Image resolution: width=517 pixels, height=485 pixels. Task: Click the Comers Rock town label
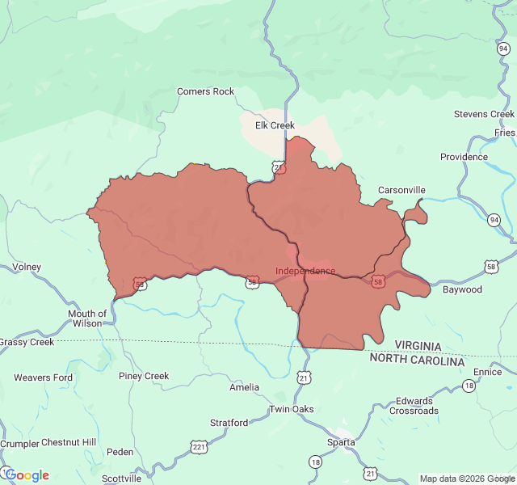[x=205, y=91]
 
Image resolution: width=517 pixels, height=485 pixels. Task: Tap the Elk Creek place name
[x=275, y=125]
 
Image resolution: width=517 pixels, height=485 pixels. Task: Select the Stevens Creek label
[x=484, y=114]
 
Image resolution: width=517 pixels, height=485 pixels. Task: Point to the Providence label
[x=464, y=157]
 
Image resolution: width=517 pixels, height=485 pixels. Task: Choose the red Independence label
[x=305, y=271]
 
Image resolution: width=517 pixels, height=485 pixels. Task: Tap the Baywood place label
[x=462, y=289]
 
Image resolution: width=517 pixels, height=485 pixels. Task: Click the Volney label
[x=27, y=267]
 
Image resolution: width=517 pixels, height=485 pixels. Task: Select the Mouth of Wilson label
[x=87, y=318]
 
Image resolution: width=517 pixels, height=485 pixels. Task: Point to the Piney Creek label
[x=144, y=376]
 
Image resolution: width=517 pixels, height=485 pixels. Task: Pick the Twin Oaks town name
[x=292, y=409]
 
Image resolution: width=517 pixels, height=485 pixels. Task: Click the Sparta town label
[x=341, y=442]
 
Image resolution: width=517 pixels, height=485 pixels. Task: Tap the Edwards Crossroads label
[x=414, y=406]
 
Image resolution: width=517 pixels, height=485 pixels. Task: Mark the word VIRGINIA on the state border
[x=418, y=346]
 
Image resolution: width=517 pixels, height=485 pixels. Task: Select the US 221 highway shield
[x=199, y=446]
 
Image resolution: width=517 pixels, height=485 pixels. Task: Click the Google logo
[x=27, y=475]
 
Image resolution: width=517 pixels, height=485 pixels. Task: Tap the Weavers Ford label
[x=43, y=377]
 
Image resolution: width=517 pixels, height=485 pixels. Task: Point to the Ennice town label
[x=487, y=372]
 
